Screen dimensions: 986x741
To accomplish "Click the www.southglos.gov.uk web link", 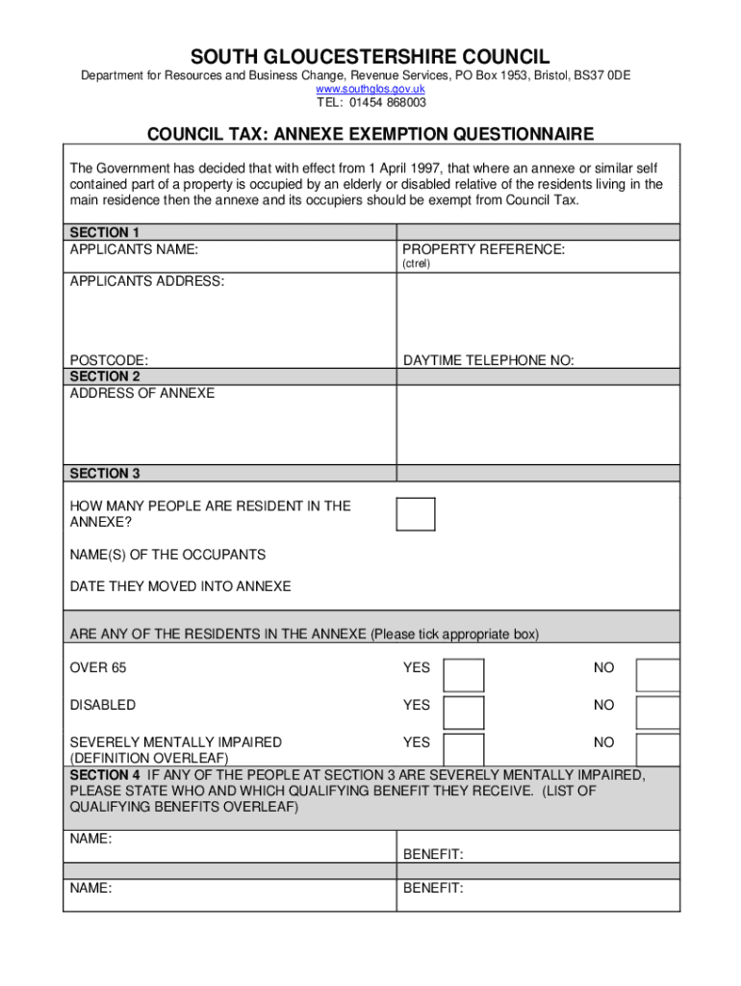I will [x=370, y=89].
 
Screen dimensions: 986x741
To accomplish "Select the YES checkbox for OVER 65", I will [x=464, y=675].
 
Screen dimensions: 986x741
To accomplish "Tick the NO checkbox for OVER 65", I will [x=658, y=675].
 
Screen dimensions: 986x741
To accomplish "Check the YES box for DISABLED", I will [x=464, y=712].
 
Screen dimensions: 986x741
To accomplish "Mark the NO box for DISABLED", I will [x=658, y=712].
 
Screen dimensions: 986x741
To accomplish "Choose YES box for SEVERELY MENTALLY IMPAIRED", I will [x=464, y=748].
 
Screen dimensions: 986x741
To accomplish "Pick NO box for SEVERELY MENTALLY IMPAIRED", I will [x=658, y=748].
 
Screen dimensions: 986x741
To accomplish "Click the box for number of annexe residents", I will [x=416, y=513].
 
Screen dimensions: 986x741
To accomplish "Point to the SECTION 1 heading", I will [x=105, y=232].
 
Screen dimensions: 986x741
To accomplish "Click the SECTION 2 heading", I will [x=105, y=376].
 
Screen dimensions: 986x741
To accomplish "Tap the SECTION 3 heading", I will [x=105, y=473].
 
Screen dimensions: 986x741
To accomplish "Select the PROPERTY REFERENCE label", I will [x=483, y=249].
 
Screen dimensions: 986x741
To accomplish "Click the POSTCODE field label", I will [x=109, y=360].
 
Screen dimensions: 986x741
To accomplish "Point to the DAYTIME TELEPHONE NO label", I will [x=488, y=360].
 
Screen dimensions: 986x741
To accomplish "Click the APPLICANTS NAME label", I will [x=134, y=249].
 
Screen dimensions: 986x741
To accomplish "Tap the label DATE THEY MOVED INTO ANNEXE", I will [x=180, y=586].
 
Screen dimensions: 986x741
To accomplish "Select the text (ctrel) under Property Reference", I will [x=416, y=264].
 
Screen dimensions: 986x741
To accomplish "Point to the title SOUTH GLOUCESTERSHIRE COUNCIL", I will [x=370, y=57].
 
